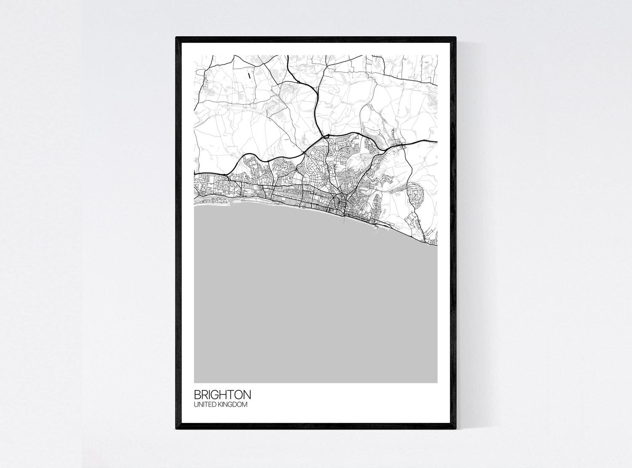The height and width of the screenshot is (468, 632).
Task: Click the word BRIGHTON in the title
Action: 222,395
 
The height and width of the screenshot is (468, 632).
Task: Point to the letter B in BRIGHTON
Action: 197,395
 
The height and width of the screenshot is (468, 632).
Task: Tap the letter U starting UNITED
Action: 196,405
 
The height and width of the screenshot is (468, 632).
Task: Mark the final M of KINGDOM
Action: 244,405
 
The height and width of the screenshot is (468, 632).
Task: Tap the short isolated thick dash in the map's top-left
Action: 249,76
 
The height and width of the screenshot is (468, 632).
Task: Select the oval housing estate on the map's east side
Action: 415,195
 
